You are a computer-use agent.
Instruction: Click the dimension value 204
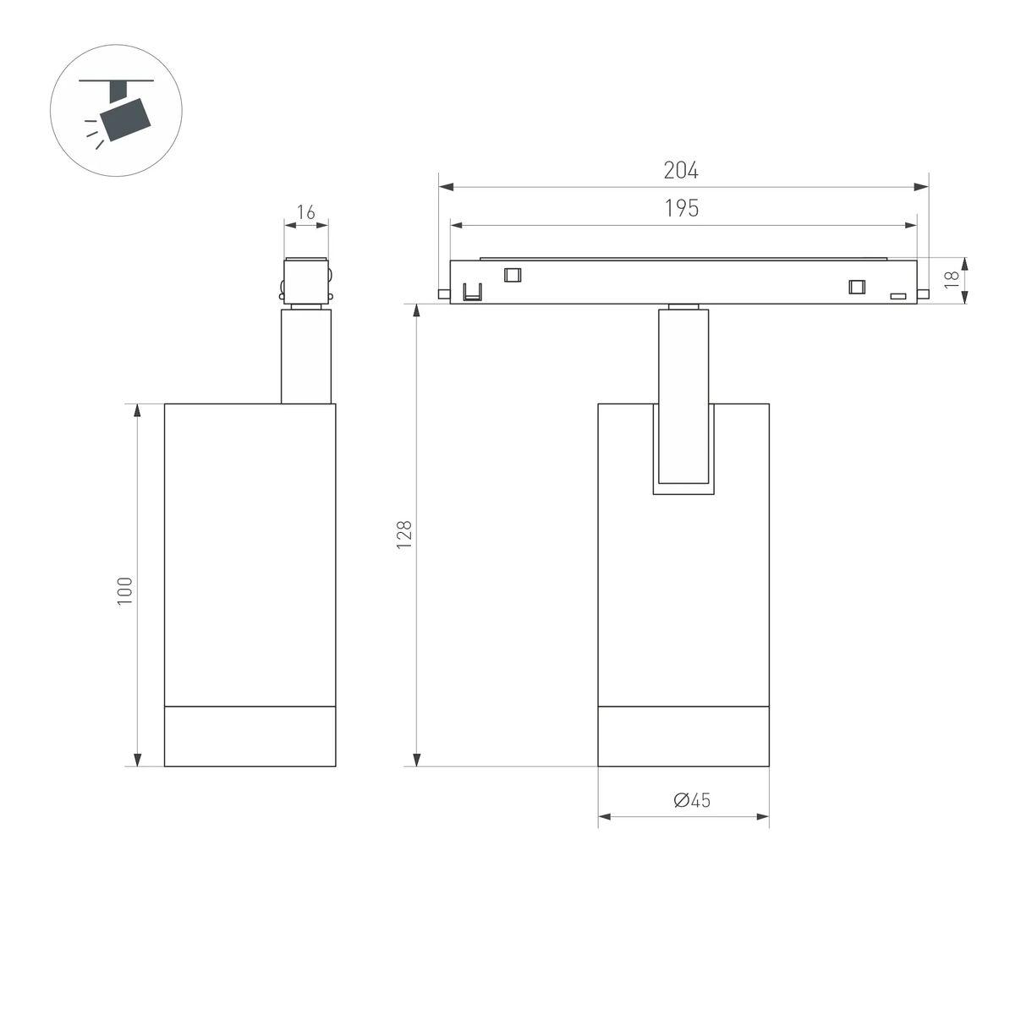[681, 170]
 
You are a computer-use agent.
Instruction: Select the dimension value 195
[681, 208]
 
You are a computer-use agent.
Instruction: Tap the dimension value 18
[952, 278]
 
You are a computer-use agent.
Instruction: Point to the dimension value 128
[404, 535]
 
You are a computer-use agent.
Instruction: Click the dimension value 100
[125, 590]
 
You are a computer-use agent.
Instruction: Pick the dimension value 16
[306, 211]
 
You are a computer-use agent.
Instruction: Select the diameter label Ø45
[692, 799]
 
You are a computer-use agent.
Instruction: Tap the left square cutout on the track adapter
[512, 274]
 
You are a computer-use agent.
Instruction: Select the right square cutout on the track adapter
[857, 287]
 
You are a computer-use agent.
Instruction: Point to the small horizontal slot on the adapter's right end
[898, 296]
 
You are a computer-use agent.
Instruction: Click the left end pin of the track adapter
[444, 294]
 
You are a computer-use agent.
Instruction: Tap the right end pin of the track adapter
[924, 294]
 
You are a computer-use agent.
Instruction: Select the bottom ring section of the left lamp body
[250, 736]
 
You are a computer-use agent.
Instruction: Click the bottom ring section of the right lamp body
[683, 736]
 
